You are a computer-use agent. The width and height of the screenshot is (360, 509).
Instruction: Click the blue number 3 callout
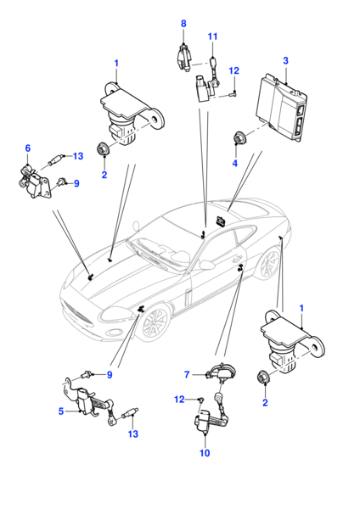(285, 61)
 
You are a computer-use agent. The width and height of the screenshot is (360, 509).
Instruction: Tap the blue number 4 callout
(235, 163)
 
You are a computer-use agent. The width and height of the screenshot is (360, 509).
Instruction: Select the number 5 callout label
(61, 411)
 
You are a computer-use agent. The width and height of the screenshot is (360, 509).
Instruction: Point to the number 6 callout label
(28, 148)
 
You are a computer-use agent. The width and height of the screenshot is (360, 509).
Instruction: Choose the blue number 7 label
(187, 375)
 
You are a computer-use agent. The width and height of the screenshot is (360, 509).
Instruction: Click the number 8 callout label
(183, 24)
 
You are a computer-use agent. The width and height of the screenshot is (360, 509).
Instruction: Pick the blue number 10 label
(205, 453)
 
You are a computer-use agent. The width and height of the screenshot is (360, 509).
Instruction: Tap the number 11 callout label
(212, 36)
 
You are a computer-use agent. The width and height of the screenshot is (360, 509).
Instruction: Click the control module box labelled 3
(281, 107)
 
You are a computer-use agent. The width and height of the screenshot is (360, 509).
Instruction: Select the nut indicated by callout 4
(240, 138)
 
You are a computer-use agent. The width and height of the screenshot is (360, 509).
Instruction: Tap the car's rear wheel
(269, 262)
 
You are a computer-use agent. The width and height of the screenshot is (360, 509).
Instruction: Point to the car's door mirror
(206, 264)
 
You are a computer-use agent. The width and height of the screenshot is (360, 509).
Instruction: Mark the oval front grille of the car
(77, 315)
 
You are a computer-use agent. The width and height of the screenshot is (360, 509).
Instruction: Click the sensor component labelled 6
(34, 182)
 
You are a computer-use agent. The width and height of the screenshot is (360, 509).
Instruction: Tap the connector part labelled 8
(184, 59)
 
